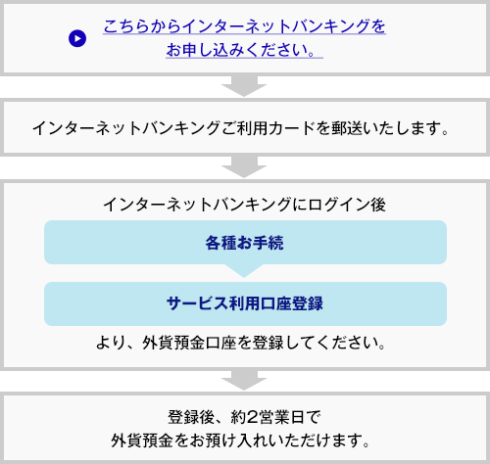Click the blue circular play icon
tap(77, 38)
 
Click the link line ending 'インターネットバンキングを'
tap(244, 26)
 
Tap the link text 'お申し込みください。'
tap(244, 51)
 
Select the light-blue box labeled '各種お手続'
tap(245, 242)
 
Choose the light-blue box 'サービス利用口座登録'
tap(245, 303)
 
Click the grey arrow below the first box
tap(244, 86)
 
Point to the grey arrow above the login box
tap(244, 167)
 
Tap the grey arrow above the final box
tap(244, 380)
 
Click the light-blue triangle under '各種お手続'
tap(244, 271)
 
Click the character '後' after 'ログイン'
tap(378, 205)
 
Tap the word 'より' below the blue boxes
tap(111, 343)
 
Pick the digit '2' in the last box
tap(252, 417)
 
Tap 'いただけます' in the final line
tap(314, 441)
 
